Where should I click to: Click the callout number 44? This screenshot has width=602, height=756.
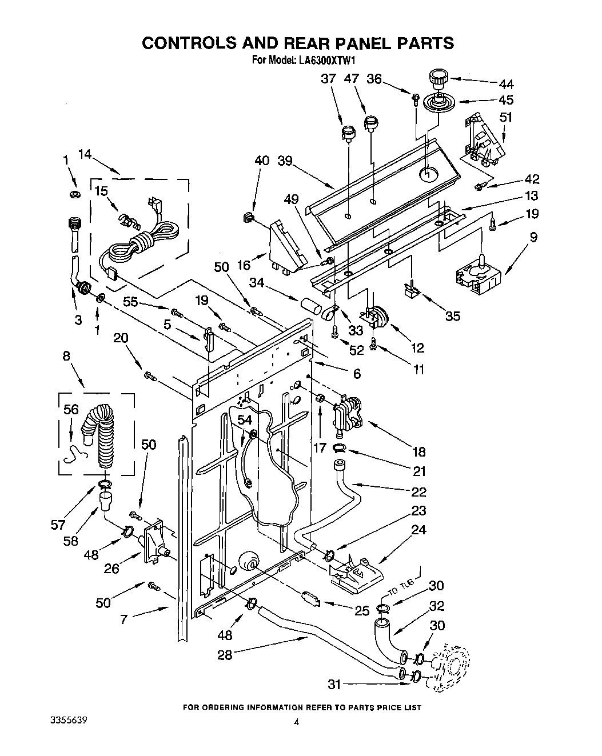coord(505,85)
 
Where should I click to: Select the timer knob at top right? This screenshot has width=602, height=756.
coord(438,77)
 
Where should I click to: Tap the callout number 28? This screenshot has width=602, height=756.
coord(225,655)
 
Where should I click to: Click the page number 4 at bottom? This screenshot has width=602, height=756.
coord(296,738)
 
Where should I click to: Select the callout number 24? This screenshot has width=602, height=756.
coord(418,530)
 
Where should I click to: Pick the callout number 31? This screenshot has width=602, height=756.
coord(336,684)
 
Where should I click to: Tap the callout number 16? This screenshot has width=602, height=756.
coord(244,265)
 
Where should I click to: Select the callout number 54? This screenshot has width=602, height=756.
coord(245,420)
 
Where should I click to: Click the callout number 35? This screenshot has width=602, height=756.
coord(452,315)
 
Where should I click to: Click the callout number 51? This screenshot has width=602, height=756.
coord(506,118)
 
